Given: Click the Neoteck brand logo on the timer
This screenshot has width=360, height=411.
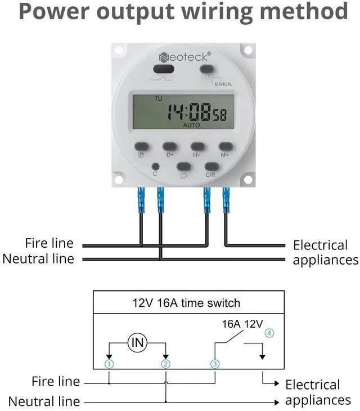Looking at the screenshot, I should tap(185, 56).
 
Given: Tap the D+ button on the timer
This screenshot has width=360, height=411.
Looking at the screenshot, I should tap(170, 146).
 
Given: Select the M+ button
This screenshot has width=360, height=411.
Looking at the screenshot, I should tap(226, 146).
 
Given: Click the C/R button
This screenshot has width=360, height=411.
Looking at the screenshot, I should tap(211, 166).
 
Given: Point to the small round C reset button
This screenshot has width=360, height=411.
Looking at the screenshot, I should tap(156, 167).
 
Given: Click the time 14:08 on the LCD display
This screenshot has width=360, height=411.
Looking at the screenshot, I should tap(188, 111).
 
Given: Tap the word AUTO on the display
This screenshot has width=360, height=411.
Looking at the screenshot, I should tap(191, 126).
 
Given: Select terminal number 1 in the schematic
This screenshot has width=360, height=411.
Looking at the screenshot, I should tap(109, 364).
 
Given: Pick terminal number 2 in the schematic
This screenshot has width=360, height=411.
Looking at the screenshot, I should tap(165, 364).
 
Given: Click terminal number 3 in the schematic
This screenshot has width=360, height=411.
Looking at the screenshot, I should tap(215, 364).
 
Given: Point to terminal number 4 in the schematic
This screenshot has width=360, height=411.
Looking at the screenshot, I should tap(269, 333).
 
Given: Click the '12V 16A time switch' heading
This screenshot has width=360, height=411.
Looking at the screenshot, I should tap(186, 303).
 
